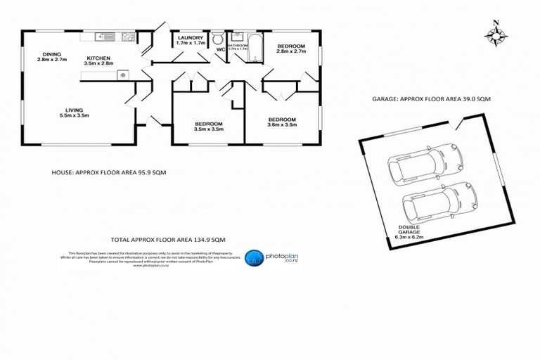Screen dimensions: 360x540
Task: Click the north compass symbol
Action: [x=496, y=35]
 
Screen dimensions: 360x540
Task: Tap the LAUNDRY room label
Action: [x=191, y=38]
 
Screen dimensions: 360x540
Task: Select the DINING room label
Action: [x=51, y=54]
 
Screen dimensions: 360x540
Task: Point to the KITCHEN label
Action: [x=98, y=59]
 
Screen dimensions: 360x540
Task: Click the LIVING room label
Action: [x=75, y=110]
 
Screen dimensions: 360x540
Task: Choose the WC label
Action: [x=220, y=49]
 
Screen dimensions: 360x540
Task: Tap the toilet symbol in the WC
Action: [x=218, y=38]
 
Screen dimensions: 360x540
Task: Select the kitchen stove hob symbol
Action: [x=128, y=35]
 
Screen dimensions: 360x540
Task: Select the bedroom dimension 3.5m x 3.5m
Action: [x=209, y=129]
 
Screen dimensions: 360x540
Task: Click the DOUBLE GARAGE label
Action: [x=409, y=230]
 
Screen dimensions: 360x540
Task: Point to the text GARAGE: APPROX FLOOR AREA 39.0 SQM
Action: [x=430, y=100]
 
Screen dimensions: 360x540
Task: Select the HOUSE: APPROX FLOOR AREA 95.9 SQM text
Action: [x=109, y=172]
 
